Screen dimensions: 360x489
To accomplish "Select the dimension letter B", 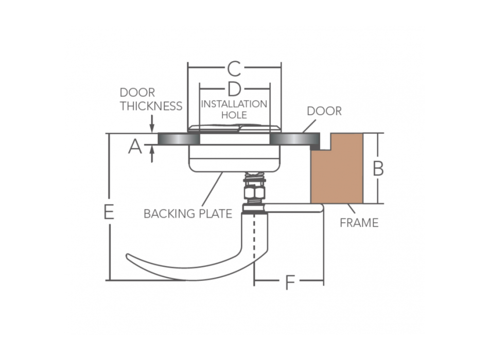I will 378,169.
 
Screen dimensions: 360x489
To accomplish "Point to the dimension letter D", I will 234,88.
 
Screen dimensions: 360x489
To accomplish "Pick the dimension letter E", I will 109,212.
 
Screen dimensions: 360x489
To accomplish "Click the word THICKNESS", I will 151,106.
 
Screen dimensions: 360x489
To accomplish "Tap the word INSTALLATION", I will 234,104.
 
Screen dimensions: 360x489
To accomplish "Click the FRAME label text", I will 359,223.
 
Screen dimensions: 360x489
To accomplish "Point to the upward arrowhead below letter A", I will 152,149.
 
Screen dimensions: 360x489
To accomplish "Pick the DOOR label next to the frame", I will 324,111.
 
